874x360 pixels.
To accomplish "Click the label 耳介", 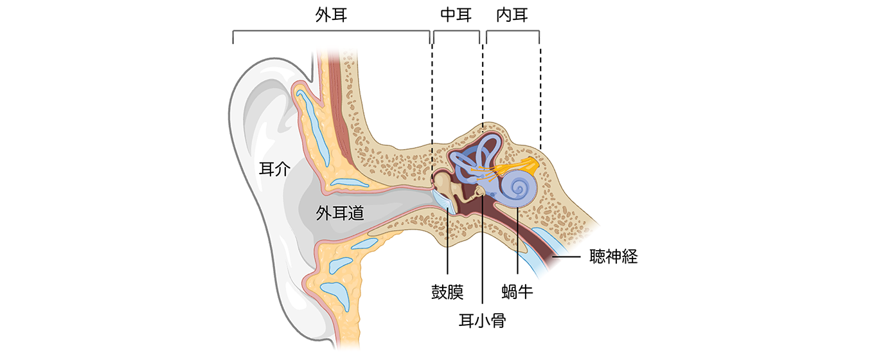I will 274,170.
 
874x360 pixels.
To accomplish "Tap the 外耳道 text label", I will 340,213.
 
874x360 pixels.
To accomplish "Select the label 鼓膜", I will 447,292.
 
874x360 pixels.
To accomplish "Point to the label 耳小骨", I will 482,319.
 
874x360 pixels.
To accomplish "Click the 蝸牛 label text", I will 517,292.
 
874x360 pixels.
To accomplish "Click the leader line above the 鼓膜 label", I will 447,244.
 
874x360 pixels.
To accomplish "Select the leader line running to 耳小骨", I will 482,257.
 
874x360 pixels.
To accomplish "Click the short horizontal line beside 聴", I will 565,257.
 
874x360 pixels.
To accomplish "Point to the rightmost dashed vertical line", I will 540,96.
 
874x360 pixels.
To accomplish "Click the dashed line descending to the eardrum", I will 433,103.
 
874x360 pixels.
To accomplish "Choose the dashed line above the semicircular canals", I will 483,84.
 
